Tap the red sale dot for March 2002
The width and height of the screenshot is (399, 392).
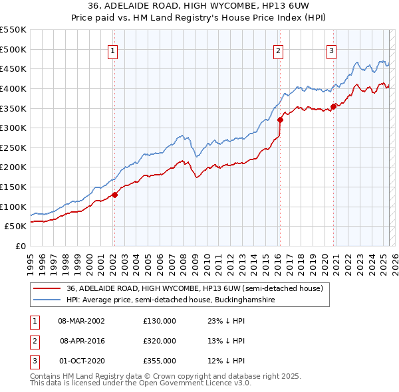pos(114,195)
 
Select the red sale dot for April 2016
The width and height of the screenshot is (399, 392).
pos(279,120)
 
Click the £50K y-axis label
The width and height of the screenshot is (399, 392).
pos(16,227)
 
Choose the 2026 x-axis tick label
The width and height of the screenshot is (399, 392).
pos(394,259)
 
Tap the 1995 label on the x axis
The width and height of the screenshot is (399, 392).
pos(29,259)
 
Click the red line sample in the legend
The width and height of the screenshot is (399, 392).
pos(47,288)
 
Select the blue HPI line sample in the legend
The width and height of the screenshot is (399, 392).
pos(47,300)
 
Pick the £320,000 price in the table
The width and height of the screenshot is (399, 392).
pos(160,341)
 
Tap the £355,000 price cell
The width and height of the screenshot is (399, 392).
pos(160,361)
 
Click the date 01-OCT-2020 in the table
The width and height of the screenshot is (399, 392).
pos(81,361)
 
